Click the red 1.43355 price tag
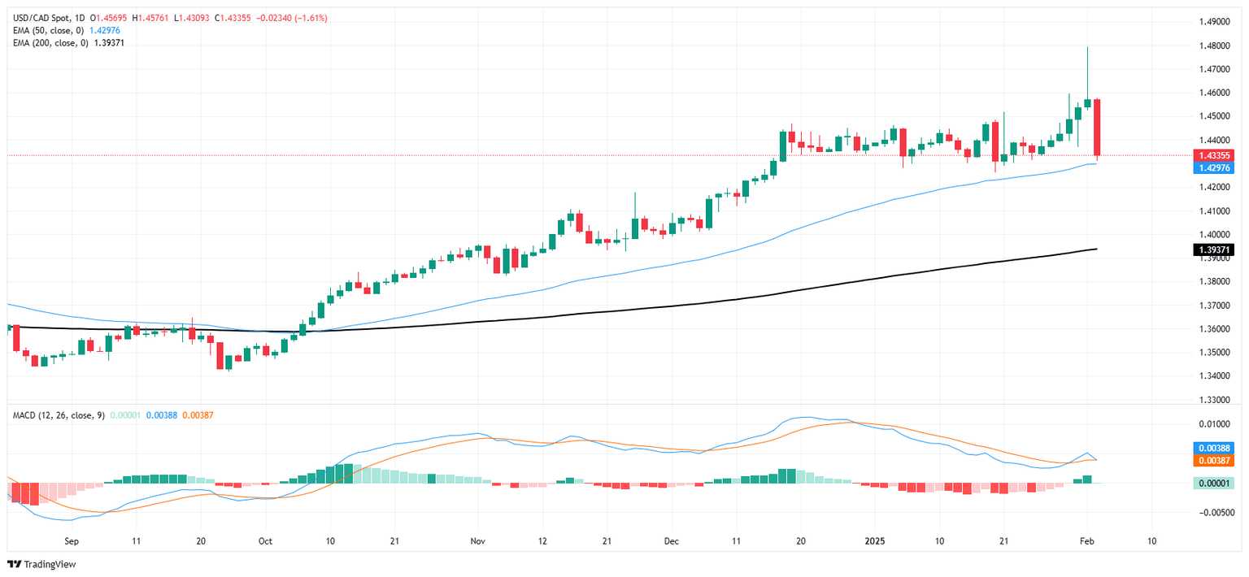pyautogui.click(x=1212, y=155)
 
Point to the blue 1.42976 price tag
pyautogui.click(x=1212, y=167)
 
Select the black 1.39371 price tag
pyautogui.click(x=1212, y=249)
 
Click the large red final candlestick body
pyautogui.click(x=1097, y=127)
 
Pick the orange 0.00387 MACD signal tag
pyautogui.click(x=1212, y=460)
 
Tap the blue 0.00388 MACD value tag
pyautogui.click(x=1212, y=448)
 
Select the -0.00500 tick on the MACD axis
pyautogui.click(x=1212, y=513)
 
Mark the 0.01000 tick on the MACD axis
pyautogui.click(x=1212, y=424)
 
